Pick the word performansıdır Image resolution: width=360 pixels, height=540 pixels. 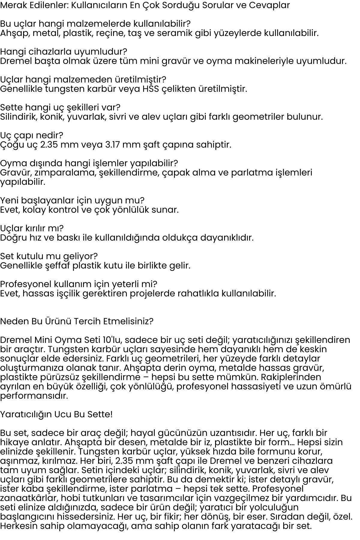point(34,396)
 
